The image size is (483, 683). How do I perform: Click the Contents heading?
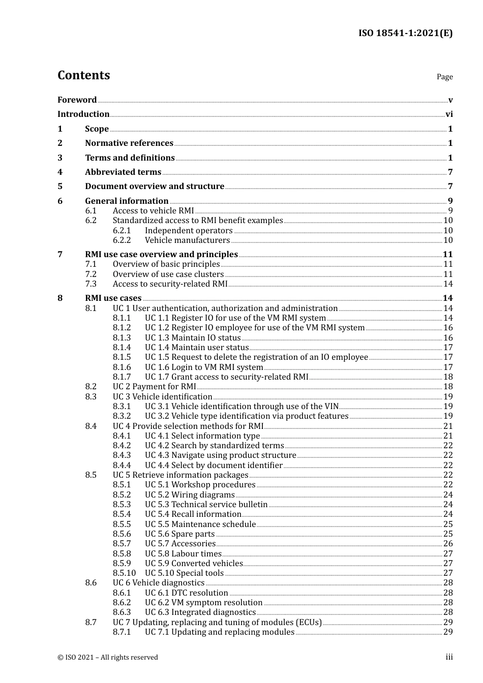click(83, 75)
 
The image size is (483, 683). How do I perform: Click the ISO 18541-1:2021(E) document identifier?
click(405, 33)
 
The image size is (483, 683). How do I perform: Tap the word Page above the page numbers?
click(444, 77)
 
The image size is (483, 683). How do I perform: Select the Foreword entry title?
click(77, 100)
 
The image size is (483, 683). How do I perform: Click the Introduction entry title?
click(83, 114)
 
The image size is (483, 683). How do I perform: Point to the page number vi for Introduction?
click(449, 114)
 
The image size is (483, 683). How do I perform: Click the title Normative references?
click(129, 143)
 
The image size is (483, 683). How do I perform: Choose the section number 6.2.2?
click(122, 240)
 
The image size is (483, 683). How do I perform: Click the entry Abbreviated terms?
click(123, 172)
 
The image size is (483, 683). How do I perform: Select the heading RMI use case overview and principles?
click(161, 254)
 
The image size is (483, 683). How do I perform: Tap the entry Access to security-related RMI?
click(170, 284)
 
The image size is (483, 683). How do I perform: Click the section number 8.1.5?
click(122, 357)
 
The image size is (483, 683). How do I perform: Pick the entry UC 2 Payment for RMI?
click(154, 387)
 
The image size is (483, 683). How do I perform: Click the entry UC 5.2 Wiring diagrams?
click(190, 495)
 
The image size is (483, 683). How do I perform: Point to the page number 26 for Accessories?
click(448, 544)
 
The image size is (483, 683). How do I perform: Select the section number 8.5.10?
click(124, 573)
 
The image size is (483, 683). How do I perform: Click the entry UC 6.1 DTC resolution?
click(186, 593)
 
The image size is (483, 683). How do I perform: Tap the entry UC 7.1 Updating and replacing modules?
click(219, 632)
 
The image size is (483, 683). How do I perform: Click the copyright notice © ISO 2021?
click(107, 658)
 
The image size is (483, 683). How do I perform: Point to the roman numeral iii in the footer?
click(449, 657)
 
